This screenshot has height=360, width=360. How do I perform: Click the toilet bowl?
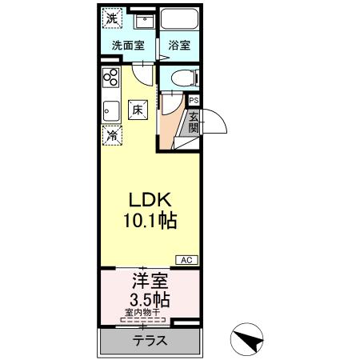(x=179, y=78)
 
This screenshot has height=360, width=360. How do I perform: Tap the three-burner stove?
(x=110, y=79)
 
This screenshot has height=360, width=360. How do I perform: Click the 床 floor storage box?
(x=138, y=109)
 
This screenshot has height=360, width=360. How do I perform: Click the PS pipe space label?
(x=194, y=100)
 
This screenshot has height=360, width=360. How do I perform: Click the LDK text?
(x=148, y=198)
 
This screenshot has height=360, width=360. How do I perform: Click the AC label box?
(x=186, y=260)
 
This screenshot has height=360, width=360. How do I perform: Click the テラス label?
(x=150, y=340)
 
